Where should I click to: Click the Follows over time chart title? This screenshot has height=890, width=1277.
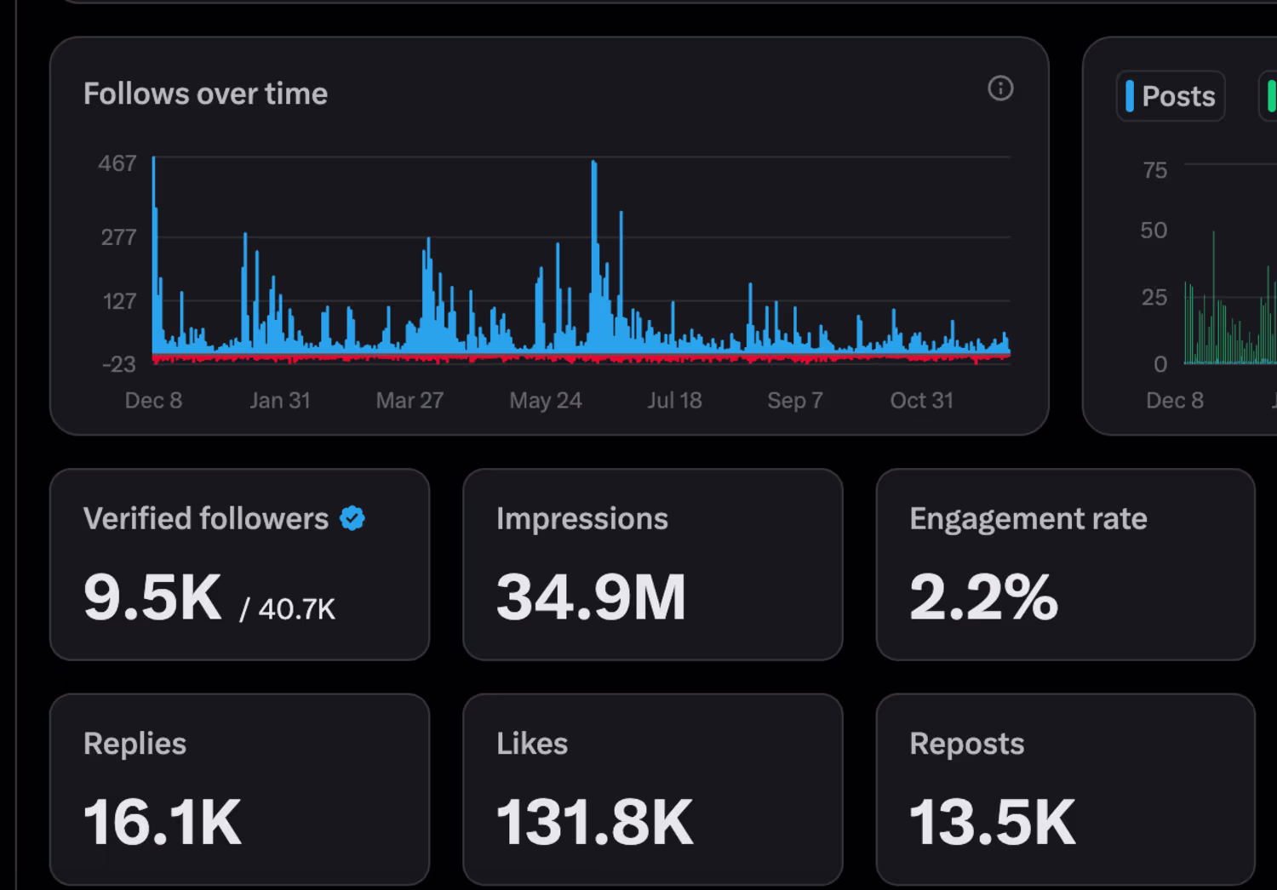coord(205,94)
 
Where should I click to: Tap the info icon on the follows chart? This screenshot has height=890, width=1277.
coord(1000,88)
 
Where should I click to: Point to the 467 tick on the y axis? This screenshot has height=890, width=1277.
coord(117,163)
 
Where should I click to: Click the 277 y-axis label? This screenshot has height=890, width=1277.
coord(118,237)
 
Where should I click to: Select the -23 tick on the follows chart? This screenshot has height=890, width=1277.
coord(119,365)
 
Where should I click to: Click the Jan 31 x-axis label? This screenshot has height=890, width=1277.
coord(280,401)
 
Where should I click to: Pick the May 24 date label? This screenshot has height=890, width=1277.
coord(546,401)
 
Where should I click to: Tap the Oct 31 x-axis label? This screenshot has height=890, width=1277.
coord(921,401)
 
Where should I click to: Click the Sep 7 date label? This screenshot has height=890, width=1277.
coord(795,401)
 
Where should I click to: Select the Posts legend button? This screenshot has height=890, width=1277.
coord(1171,96)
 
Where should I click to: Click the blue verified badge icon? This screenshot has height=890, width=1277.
coord(352,518)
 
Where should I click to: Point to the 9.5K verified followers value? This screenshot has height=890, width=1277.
coord(152,597)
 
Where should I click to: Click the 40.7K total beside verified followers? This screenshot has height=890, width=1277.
coord(296,609)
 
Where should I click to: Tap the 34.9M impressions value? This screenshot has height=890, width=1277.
coord(591,597)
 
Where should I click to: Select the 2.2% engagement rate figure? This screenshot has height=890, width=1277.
coord(983,597)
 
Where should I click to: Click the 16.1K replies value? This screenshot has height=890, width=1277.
coord(163,823)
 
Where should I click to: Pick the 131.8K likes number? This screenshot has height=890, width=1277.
coord(595,823)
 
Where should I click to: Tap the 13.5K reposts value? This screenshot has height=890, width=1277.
coord(993,823)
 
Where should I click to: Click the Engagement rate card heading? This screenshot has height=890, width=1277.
coord(1028,519)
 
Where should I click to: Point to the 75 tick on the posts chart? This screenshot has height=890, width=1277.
coord(1155,170)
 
